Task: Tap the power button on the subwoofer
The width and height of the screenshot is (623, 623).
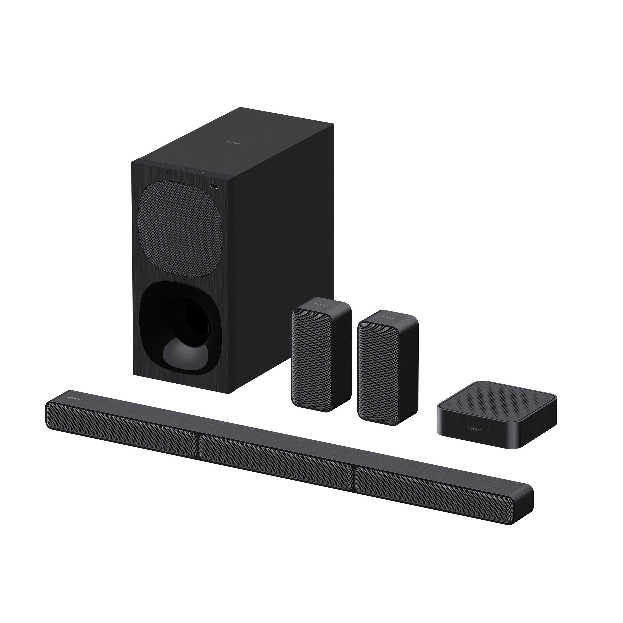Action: coord(163,166)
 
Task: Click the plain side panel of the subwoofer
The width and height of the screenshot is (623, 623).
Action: coord(284,258)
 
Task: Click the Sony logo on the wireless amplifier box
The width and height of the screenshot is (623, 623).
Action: coord(474,429)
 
